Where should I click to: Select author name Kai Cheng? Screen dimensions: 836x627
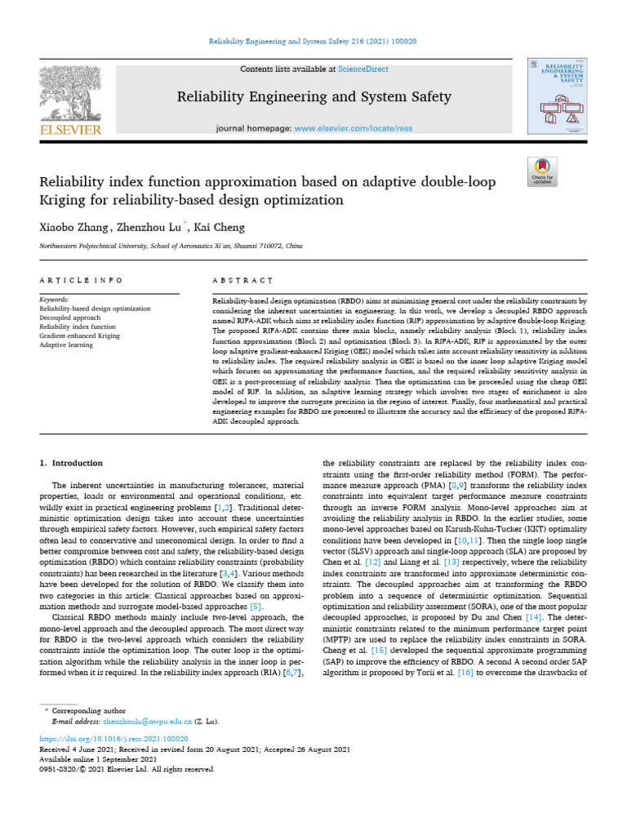[220, 227]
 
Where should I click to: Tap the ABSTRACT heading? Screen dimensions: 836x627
[242, 280]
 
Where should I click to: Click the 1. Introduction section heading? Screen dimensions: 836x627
[72, 463]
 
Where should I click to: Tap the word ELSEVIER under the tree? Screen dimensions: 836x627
[69, 130]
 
